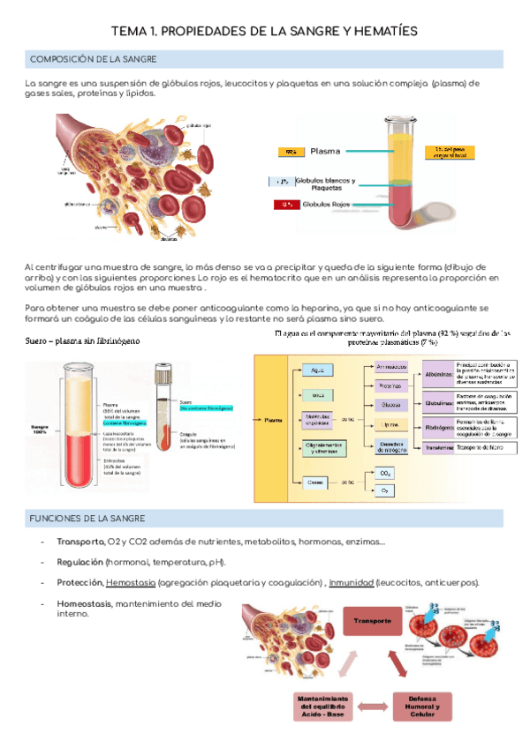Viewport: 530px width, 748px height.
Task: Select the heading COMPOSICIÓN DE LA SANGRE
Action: click(94, 59)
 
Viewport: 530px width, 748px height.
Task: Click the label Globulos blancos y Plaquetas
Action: click(326, 183)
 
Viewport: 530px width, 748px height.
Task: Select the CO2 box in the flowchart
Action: click(386, 473)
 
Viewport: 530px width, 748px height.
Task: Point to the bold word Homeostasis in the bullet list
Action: click(84, 603)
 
